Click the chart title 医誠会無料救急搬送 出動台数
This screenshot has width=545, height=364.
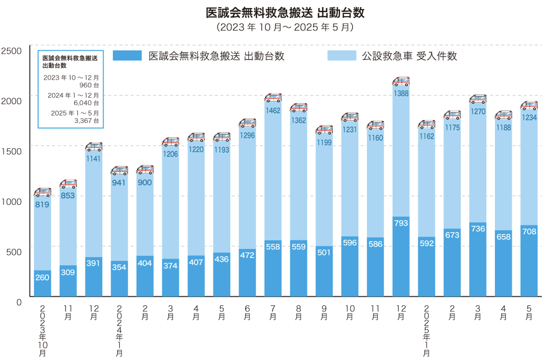[285, 13]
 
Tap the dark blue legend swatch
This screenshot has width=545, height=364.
[127, 56]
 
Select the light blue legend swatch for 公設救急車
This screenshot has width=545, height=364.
[342, 56]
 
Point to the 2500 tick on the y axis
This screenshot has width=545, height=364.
[11, 51]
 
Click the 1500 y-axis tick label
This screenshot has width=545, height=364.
[11, 152]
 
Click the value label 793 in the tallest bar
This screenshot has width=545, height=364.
[401, 223]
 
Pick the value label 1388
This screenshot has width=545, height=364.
[401, 94]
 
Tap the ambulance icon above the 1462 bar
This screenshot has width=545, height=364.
[273, 98]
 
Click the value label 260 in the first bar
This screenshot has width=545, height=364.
[42, 278]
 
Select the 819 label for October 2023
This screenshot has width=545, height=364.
[42, 205]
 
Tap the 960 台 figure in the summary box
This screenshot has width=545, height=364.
[89, 85]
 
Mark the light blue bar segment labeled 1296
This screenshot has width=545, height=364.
[247, 190]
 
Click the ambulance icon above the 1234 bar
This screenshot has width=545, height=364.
[529, 105]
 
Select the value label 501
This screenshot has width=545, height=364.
[324, 253]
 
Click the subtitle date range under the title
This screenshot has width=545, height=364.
[285, 27]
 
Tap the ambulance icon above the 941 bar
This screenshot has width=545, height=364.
[119, 171]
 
